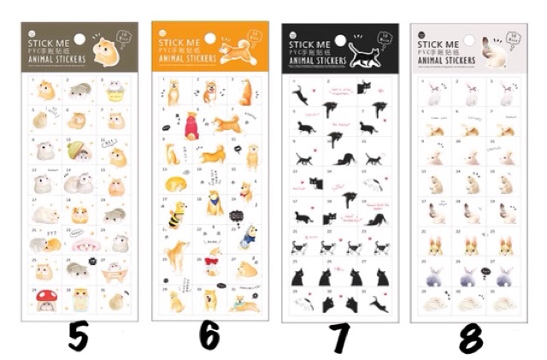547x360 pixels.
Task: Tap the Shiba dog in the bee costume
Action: (x=174, y=212)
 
